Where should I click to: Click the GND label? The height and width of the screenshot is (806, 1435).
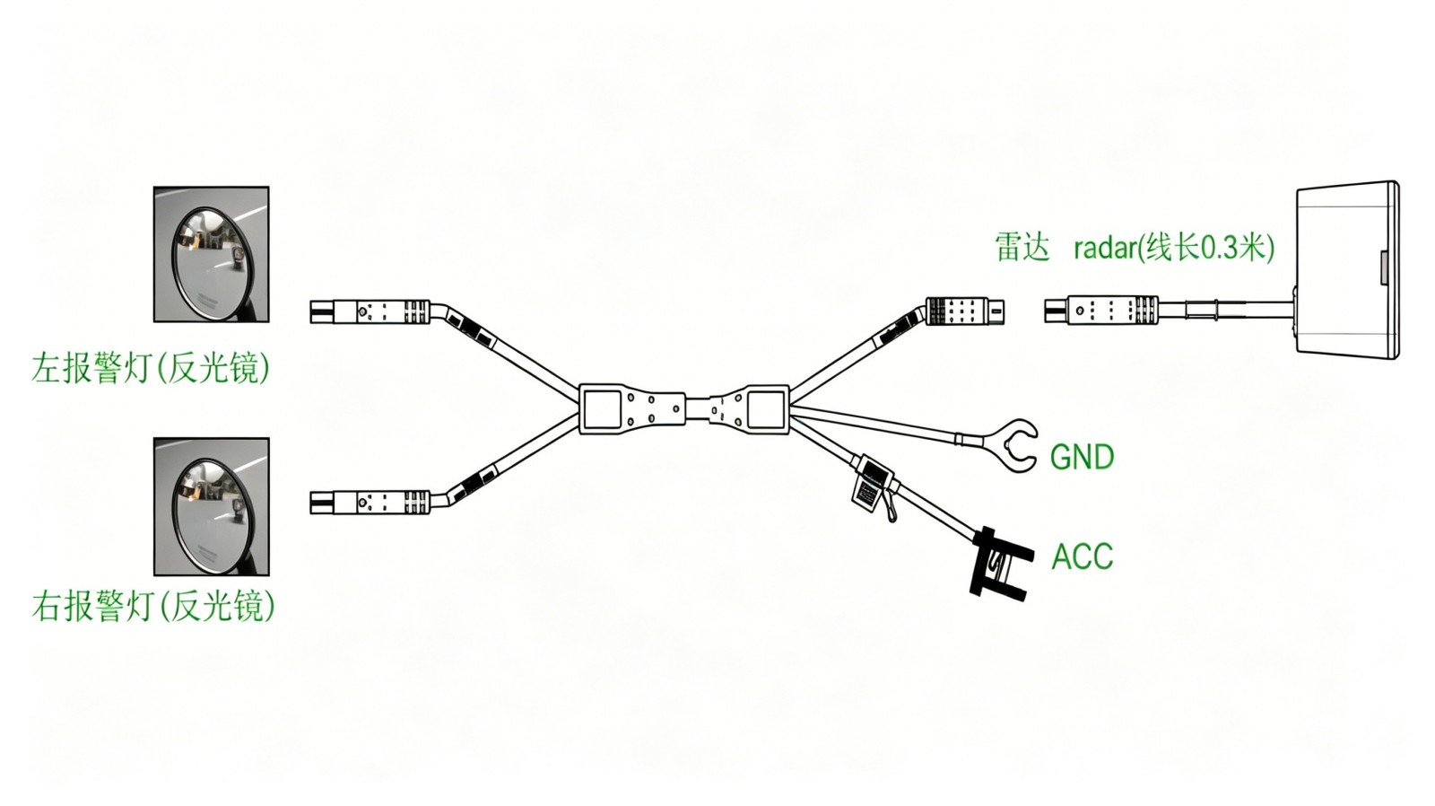(x=1082, y=457)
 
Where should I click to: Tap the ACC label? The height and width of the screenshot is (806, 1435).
(x=1083, y=556)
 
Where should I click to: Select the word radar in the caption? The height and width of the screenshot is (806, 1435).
(x=1104, y=248)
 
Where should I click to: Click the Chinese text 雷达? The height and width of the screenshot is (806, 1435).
(x=1023, y=247)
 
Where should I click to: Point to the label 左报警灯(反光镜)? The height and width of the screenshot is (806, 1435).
(x=152, y=368)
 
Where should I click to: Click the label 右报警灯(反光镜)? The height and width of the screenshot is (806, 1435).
(x=153, y=606)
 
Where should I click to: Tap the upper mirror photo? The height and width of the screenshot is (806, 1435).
(x=212, y=255)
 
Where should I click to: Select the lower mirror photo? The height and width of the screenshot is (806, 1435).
(x=212, y=506)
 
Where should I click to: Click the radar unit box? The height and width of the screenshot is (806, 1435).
(x=1347, y=269)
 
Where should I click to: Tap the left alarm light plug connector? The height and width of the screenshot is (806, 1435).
(x=370, y=311)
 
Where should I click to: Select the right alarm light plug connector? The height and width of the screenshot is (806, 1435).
(x=370, y=503)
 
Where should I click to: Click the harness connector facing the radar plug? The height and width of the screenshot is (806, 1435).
(x=965, y=311)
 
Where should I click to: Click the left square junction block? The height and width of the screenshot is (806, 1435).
(x=601, y=409)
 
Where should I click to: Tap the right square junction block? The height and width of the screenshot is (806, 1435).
(x=767, y=409)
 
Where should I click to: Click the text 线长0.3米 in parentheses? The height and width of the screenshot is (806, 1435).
(x=1204, y=248)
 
